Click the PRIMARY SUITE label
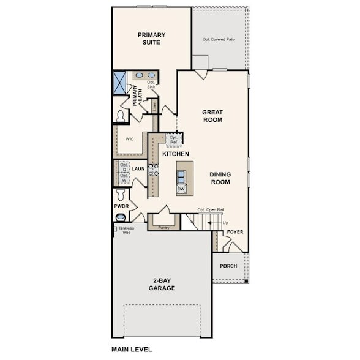tap(148, 39)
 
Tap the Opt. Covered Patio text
tap(219, 39)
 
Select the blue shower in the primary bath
tap(119, 82)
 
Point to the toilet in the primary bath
tap(121, 115)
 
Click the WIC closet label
tap(130, 139)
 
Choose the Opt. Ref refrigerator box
tap(174, 140)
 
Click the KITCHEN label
tap(175, 154)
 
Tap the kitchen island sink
tap(181, 176)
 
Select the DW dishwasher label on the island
tap(181, 189)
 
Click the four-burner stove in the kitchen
tap(153, 170)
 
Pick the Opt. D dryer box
tap(123, 167)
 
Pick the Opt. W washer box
tap(123, 178)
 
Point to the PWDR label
tap(121, 206)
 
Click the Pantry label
tap(163, 227)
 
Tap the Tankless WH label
tap(126, 230)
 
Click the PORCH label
tap(228, 266)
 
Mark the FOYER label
tap(235, 232)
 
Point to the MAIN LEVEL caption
tap(131, 349)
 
